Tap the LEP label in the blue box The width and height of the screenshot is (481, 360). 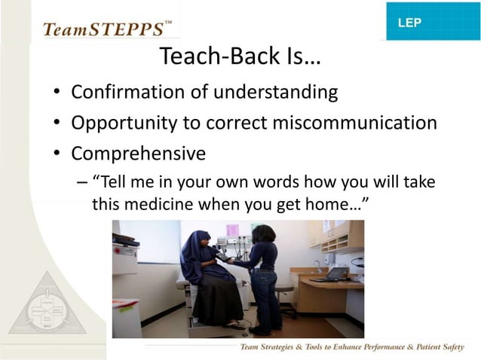pyautogui.click(x=409, y=23)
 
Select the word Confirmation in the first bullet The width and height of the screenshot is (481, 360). pyautogui.click(x=129, y=93)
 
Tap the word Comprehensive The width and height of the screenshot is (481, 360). pyautogui.click(x=138, y=154)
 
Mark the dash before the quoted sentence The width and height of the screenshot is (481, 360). pyautogui.click(x=81, y=183)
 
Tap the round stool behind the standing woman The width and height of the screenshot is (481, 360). pyautogui.click(x=284, y=291)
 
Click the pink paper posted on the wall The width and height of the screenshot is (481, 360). pyautogui.click(x=233, y=230)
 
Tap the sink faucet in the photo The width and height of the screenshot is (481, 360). pyautogui.click(x=317, y=264)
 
